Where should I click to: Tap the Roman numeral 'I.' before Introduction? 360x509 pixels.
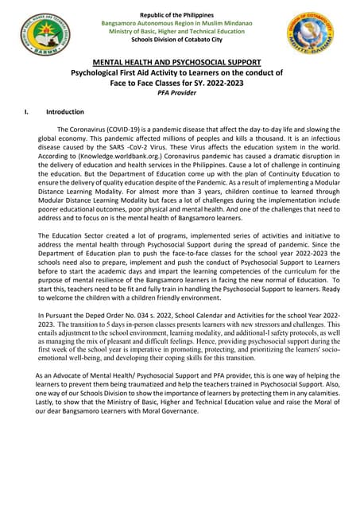pos(29,112)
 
